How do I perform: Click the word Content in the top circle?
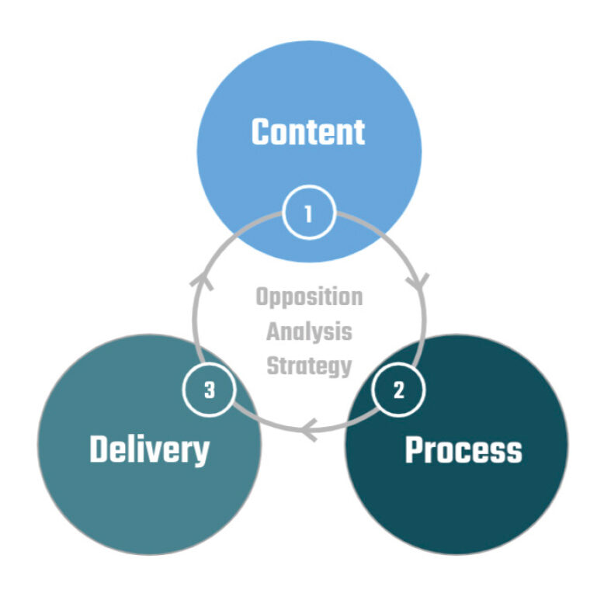(x=308, y=132)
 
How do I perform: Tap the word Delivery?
(x=149, y=449)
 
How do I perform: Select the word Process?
(x=463, y=450)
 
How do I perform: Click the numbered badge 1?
(x=308, y=213)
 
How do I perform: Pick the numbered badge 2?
(x=399, y=390)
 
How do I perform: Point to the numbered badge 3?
(x=209, y=390)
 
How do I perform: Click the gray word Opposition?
(x=308, y=297)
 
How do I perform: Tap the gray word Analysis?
(x=308, y=331)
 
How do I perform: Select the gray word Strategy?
(x=308, y=365)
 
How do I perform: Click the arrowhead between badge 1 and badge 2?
(x=421, y=281)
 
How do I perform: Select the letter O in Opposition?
(x=262, y=297)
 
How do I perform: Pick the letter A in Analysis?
(x=272, y=331)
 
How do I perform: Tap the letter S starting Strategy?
(x=272, y=365)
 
